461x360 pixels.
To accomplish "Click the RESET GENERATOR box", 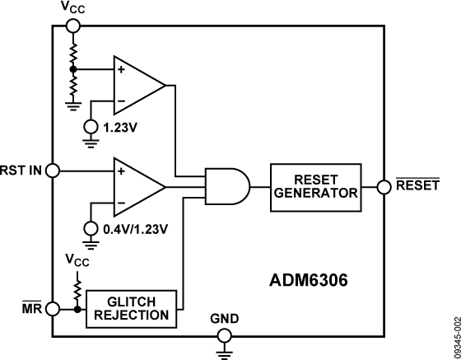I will coord(315,187).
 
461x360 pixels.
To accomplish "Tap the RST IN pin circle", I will coord(54,171).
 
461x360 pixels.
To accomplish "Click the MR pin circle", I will coord(54,309).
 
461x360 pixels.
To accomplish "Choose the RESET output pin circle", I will coord(384,187).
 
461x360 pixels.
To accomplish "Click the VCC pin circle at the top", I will coord(73,26).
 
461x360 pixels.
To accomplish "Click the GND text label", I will coord(223,317).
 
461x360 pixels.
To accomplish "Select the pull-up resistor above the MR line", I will coord(77,290).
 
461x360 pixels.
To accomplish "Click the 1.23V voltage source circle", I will coord(89,126).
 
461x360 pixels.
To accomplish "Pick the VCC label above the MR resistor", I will coord(77,260).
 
